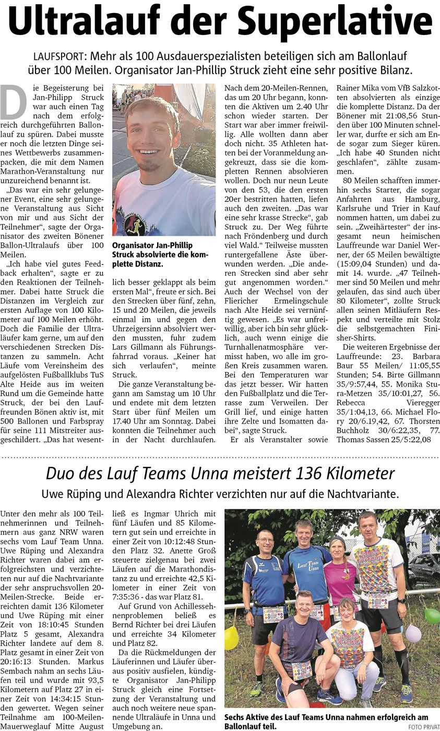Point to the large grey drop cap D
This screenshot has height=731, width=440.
coord(13,102)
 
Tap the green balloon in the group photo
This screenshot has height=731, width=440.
coord(432,616)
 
